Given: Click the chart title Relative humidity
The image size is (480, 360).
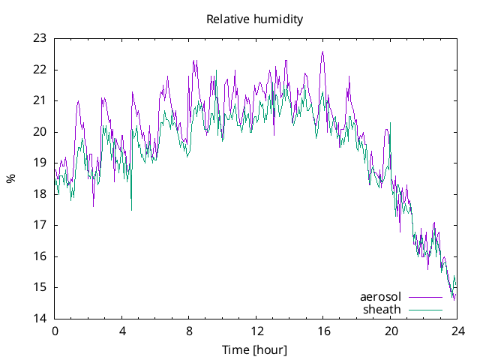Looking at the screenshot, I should [254, 19].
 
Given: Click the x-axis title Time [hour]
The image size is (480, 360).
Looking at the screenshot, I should [254, 349].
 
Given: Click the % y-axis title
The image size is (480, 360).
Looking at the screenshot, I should [10, 178].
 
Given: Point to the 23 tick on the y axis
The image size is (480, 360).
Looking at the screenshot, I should [40, 38].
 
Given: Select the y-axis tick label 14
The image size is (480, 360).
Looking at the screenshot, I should [40, 319].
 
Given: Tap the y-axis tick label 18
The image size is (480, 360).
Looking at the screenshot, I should [40, 194].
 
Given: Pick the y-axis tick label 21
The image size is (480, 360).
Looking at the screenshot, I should [40, 100].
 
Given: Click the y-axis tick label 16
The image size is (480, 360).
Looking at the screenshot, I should [40, 256].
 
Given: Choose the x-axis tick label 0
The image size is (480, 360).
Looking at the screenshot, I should [55, 331].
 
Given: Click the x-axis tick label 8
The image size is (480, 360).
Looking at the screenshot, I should [189, 331].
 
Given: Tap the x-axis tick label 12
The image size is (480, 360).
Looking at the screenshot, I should [256, 331].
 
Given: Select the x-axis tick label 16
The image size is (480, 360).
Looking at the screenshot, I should [323, 331].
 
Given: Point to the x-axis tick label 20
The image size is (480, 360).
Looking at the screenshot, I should [391, 331].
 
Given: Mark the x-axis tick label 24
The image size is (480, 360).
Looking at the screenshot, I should [457, 331].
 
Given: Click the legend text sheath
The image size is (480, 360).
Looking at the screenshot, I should [382, 309].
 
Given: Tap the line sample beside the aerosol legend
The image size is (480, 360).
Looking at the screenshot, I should [425, 297].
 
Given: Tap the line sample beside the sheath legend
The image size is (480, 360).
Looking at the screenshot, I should [425, 309].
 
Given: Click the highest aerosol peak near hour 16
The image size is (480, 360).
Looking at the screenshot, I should [322, 52].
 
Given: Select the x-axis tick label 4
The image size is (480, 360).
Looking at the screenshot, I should [122, 331].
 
